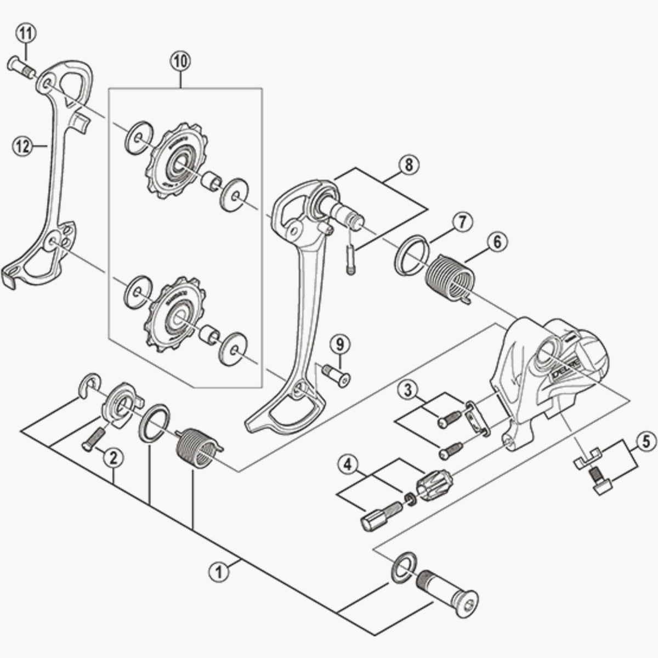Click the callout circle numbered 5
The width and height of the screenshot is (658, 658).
646,439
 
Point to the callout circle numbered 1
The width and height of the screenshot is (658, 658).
219,571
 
